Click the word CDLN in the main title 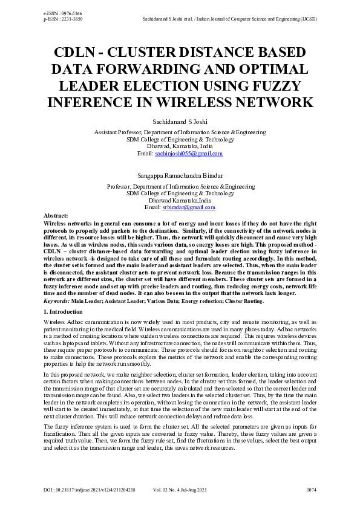click(x=76, y=52)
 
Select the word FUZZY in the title click(x=278, y=85)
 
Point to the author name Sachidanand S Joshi click(x=180, y=122)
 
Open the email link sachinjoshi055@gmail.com click(x=188, y=154)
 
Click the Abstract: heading click(x=56, y=216)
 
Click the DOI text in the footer click(x=89, y=488)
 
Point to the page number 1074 click(x=311, y=488)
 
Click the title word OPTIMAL click(x=270, y=68)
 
